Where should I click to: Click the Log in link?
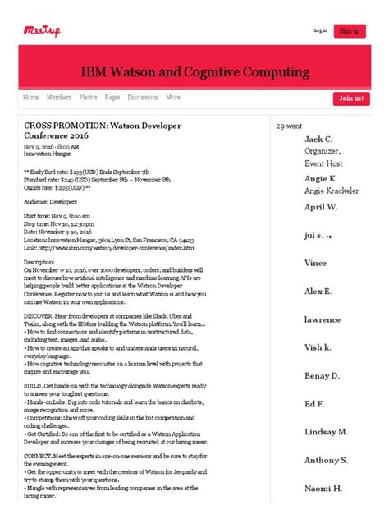(320, 31)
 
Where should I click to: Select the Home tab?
(31, 98)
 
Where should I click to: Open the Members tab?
(59, 98)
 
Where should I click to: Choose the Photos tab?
(88, 98)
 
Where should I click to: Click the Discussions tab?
(143, 98)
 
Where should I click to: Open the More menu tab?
(173, 98)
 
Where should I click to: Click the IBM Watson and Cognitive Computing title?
(194, 71)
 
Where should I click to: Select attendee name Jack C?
(318, 140)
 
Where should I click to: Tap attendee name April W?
(321, 208)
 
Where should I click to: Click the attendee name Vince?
(316, 263)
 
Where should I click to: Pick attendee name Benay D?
(323, 375)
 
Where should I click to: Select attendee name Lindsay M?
(326, 431)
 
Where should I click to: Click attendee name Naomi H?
(323, 488)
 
